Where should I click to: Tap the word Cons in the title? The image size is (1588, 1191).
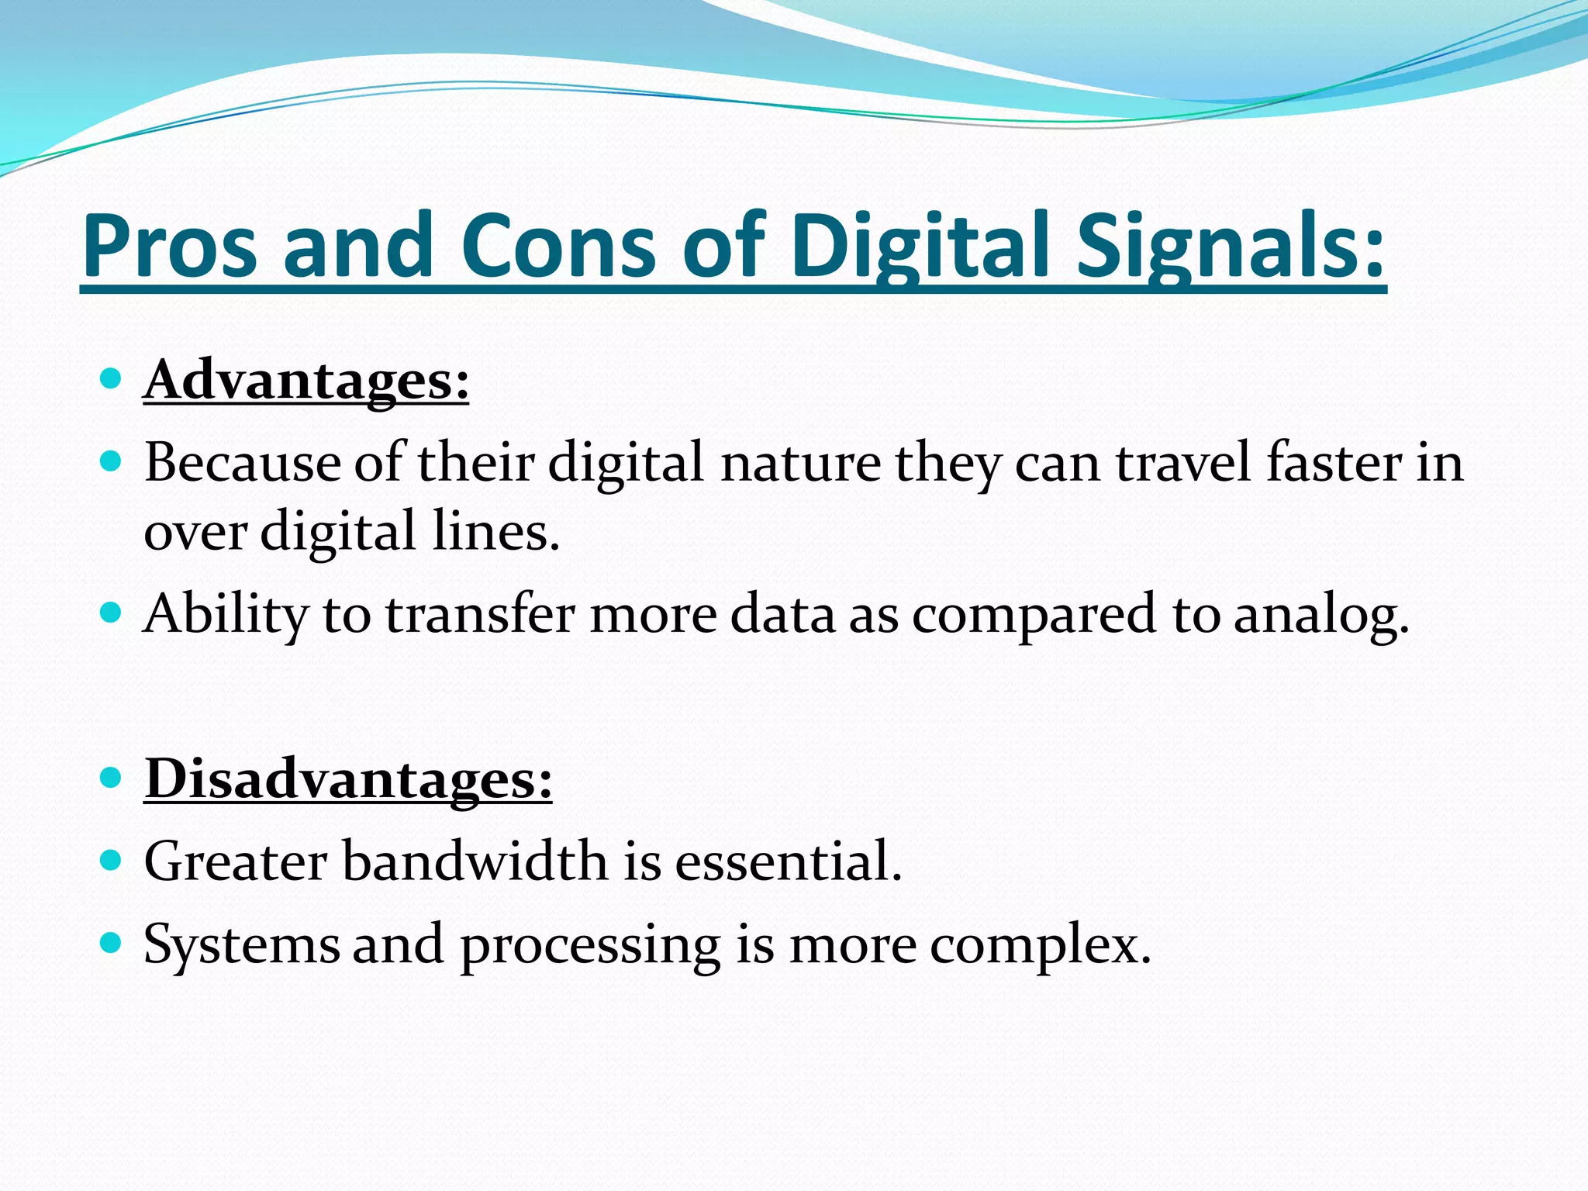[558, 247]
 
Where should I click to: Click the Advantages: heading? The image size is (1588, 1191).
[306, 381]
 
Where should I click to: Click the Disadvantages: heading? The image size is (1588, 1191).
[348, 779]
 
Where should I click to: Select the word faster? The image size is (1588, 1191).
[1334, 464]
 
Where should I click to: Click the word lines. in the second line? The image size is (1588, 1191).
[495, 533]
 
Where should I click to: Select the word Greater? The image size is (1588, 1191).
[236, 862]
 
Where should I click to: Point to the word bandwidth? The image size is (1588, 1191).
[475, 862]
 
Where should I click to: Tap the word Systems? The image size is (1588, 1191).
[241, 946]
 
